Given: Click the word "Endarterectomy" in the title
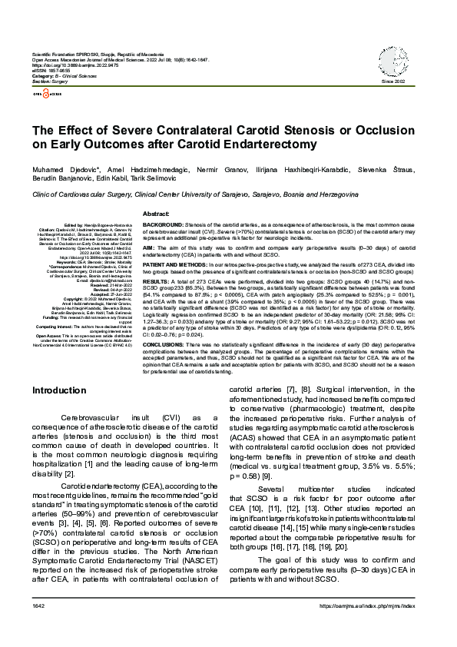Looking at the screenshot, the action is coord(268,144).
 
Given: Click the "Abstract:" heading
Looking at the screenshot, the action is coord(157,213).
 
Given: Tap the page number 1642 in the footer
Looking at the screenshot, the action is coord(39,629).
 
